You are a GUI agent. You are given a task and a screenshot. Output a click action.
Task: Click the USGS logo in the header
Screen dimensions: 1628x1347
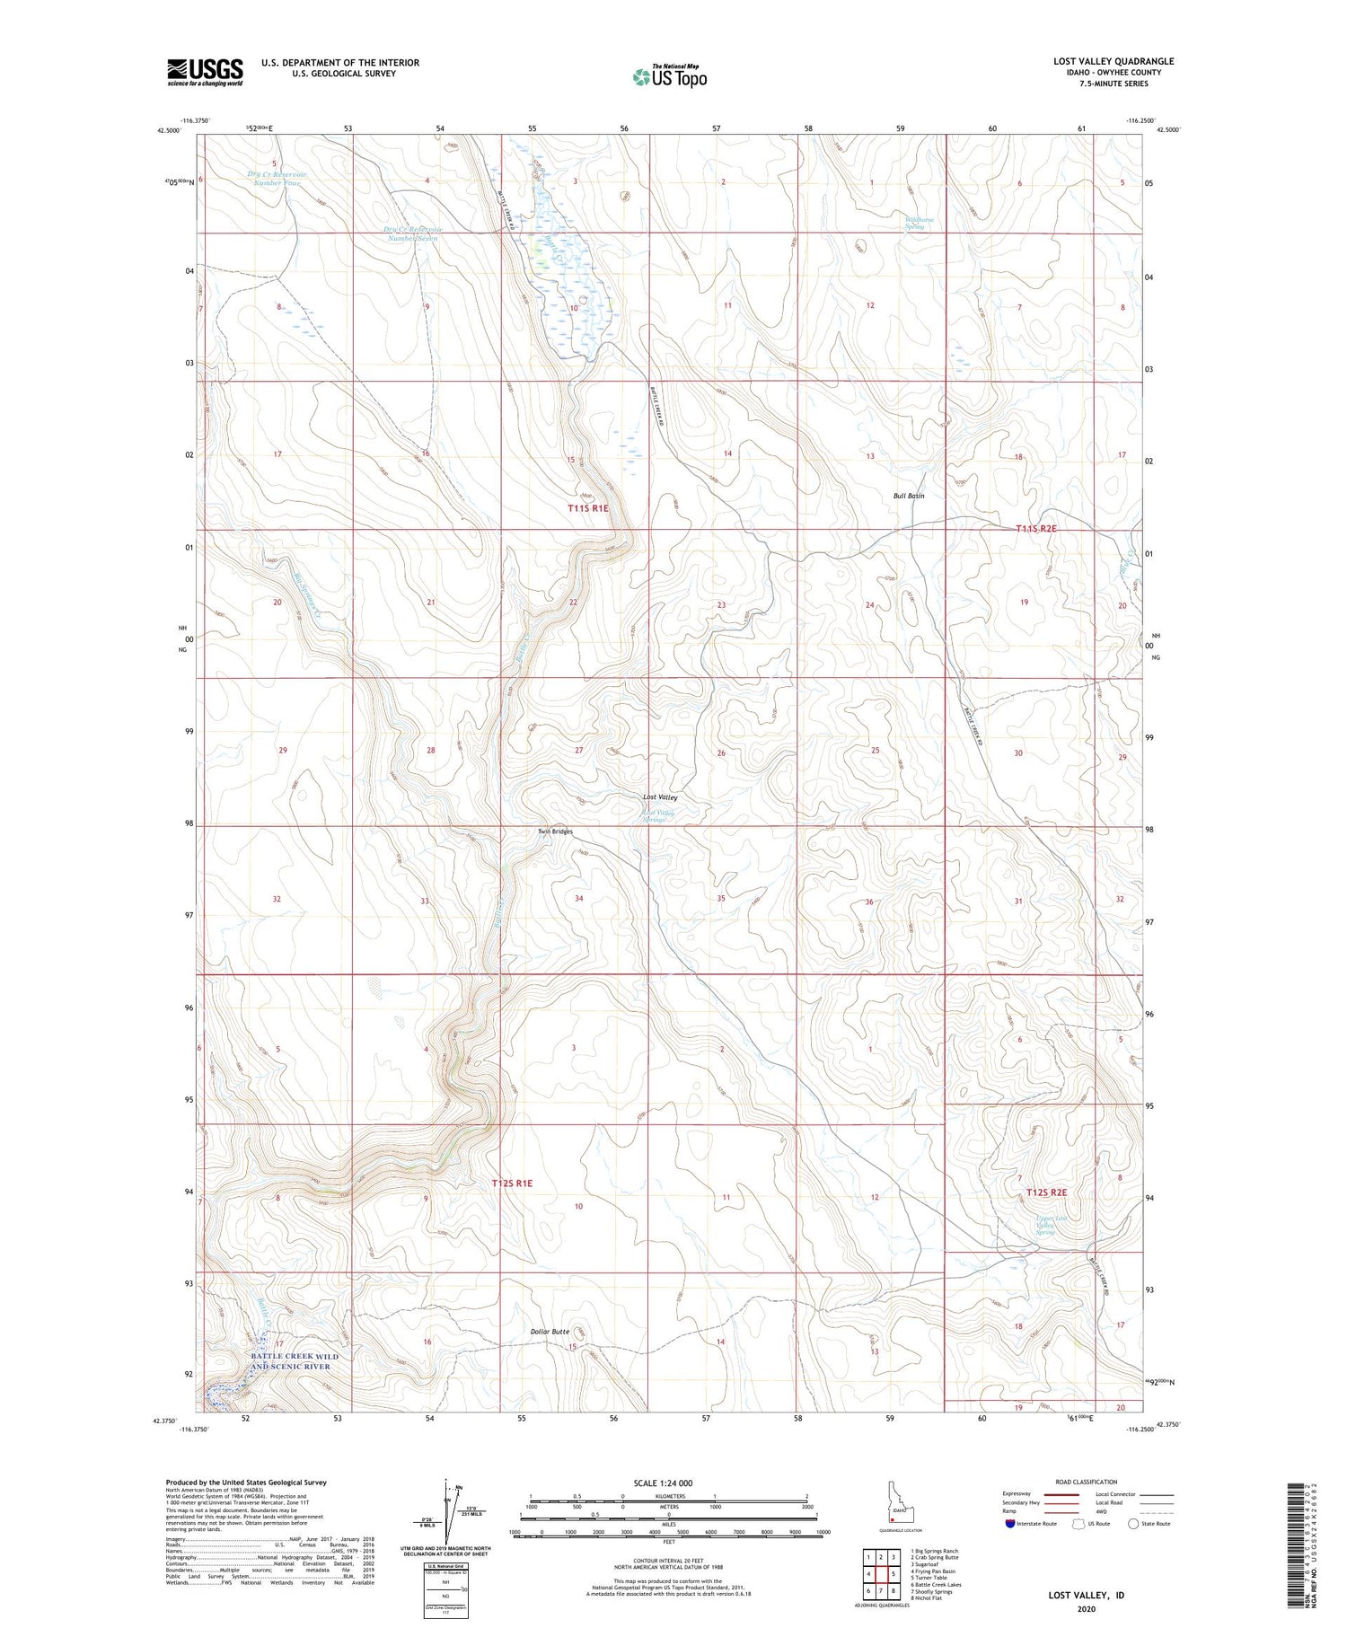click(x=205, y=72)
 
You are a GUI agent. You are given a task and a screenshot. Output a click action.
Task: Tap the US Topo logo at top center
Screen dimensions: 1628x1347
click(x=669, y=77)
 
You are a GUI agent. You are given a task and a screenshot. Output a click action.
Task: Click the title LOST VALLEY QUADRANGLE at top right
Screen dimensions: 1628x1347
click(x=1114, y=61)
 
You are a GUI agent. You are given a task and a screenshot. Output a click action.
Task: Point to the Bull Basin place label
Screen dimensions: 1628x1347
click(x=909, y=496)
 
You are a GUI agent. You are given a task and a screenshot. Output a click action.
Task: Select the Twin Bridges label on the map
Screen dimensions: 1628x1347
click(x=555, y=832)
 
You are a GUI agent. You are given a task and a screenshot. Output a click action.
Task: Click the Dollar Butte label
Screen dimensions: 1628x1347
click(x=549, y=1332)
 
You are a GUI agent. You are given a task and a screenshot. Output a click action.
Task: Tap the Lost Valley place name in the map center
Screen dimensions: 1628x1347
click(x=660, y=797)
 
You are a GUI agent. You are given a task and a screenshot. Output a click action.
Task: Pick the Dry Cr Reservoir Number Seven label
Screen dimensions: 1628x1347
click(x=413, y=234)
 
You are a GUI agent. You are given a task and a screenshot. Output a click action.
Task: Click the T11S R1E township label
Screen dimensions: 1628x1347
click(x=588, y=508)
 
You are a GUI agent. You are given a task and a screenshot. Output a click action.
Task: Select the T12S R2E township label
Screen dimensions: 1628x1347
click(x=1046, y=1192)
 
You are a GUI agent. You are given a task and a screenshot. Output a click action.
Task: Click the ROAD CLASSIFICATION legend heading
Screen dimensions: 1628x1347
click(x=1087, y=1482)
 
